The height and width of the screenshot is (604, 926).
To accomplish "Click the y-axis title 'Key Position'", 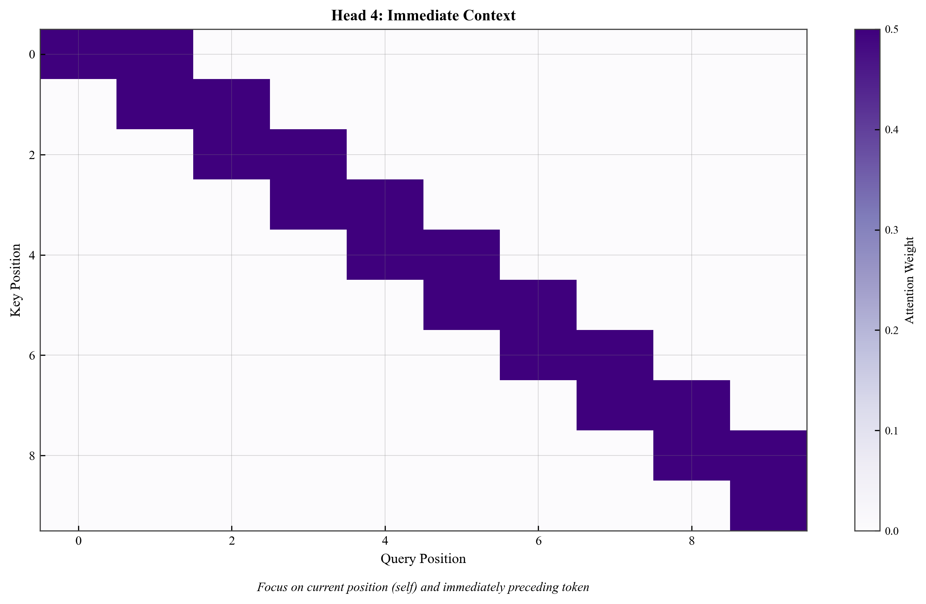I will pyautogui.click(x=16, y=280).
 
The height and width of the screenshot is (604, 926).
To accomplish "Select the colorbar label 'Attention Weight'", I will pyautogui.click(x=909, y=280).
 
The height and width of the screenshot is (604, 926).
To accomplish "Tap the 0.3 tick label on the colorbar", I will pyautogui.click(x=891, y=230).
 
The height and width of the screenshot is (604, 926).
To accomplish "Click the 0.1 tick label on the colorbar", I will pyautogui.click(x=891, y=431).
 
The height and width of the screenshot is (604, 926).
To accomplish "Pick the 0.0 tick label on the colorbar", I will pyautogui.click(x=891, y=531).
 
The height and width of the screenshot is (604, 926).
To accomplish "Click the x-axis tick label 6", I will pyautogui.click(x=538, y=541).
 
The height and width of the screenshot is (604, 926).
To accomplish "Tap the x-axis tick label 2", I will pyautogui.click(x=232, y=541).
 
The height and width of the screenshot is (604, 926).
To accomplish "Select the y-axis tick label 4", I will pyautogui.click(x=32, y=255).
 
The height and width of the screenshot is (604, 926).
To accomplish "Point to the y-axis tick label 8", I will pyautogui.click(x=32, y=455).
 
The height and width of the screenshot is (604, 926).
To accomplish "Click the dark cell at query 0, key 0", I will pyautogui.click(x=78, y=54).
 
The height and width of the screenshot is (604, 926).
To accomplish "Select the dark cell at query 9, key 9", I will pyautogui.click(x=768, y=506).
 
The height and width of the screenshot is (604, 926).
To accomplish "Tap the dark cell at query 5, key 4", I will pyautogui.click(x=461, y=255).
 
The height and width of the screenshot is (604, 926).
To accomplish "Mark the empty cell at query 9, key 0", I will pyautogui.click(x=768, y=54).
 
